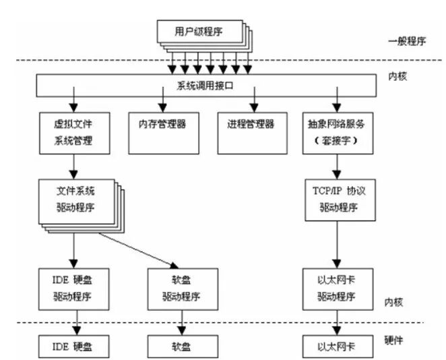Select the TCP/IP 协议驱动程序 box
(x=335, y=200)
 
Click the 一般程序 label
(x=408, y=41)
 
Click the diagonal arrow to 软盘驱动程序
(x=141, y=251)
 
